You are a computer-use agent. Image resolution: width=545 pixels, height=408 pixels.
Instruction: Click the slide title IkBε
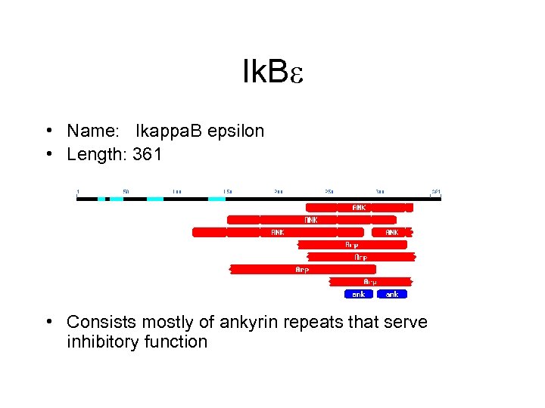(272, 73)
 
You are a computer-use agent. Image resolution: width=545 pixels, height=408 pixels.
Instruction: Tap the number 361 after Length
(147, 155)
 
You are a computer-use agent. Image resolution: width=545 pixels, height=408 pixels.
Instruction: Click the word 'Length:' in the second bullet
(97, 155)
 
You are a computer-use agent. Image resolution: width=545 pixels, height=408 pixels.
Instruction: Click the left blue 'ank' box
(358, 294)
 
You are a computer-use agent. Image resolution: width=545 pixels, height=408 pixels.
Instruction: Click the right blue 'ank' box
(392, 294)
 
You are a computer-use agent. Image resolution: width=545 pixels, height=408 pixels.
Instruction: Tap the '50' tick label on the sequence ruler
(126, 192)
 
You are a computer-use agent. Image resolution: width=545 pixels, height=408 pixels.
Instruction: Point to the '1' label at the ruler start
(77, 192)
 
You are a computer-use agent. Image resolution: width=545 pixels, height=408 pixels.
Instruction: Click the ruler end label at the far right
(436, 192)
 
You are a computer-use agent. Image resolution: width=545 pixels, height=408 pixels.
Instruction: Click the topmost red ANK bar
(360, 207)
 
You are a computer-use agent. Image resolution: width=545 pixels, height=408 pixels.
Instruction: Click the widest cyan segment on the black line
(216, 199)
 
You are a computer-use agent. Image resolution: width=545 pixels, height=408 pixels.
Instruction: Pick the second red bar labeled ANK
(310, 220)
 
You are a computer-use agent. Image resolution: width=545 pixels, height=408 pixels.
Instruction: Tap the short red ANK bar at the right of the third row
(392, 233)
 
